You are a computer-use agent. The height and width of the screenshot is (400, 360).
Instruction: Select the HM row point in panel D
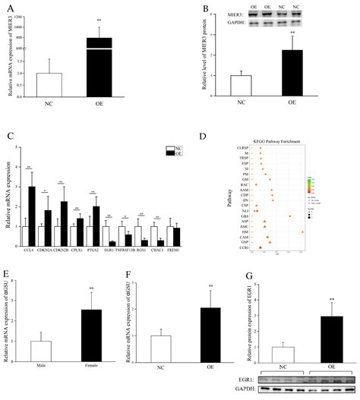pyautogui.click(x=303, y=231)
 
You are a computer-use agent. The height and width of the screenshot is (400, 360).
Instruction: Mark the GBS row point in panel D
pyautogui.click(x=290, y=216)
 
